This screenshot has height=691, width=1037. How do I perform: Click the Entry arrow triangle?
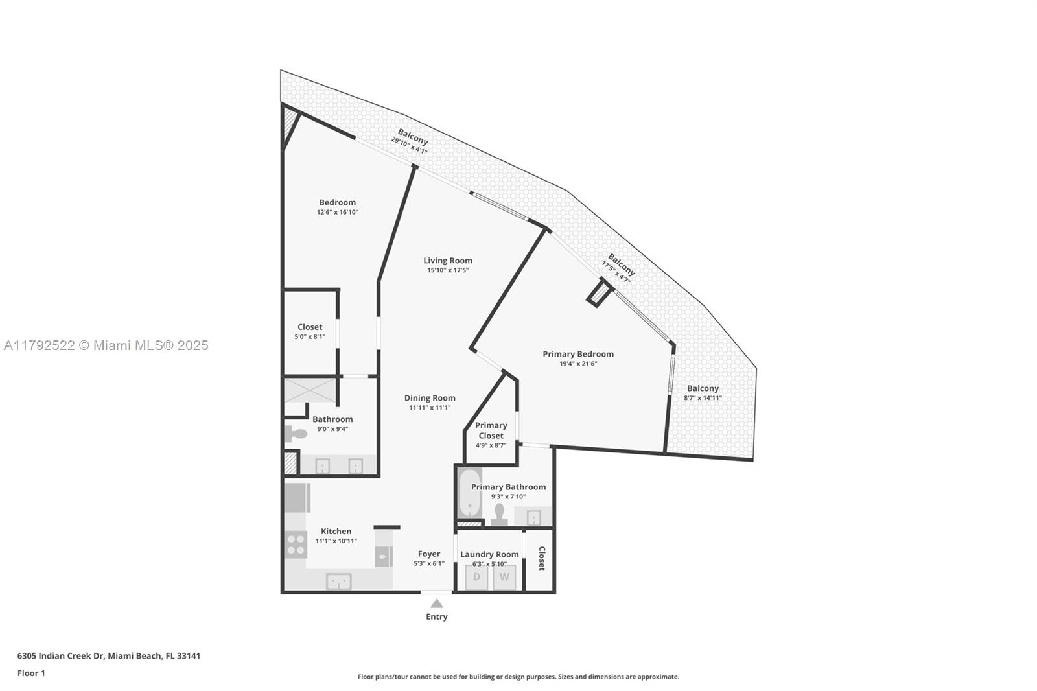pyautogui.click(x=437, y=603)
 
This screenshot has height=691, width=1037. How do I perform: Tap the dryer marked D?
pyautogui.click(x=476, y=577)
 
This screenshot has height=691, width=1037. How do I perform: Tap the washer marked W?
pyautogui.click(x=504, y=577)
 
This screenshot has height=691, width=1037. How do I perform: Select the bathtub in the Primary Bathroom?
pyautogui.click(x=469, y=494)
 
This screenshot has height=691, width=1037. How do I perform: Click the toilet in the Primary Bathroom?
pyautogui.click(x=498, y=514)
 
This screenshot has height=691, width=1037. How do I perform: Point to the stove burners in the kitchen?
pyautogui.click(x=296, y=544)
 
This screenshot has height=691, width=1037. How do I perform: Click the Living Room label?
pyautogui.click(x=448, y=261)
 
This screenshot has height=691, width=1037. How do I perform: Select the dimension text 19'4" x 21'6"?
pyautogui.click(x=577, y=364)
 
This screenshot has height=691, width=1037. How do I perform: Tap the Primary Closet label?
pyautogui.click(x=491, y=430)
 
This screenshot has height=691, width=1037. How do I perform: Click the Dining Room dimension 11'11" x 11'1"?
pyautogui.click(x=430, y=408)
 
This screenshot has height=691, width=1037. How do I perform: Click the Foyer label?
pyautogui.click(x=429, y=554)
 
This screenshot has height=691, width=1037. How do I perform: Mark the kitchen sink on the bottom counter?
pyautogui.click(x=338, y=581)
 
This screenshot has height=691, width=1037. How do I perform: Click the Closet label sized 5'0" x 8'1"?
pyautogui.click(x=310, y=327)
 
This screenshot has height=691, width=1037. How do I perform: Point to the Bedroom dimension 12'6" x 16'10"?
pyautogui.click(x=337, y=212)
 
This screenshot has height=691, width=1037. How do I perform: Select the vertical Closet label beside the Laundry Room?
pyautogui.click(x=541, y=559)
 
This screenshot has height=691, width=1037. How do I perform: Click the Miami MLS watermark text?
pyautogui.click(x=106, y=345)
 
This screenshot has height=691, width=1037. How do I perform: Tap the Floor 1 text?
pyautogui.click(x=31, y=673)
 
